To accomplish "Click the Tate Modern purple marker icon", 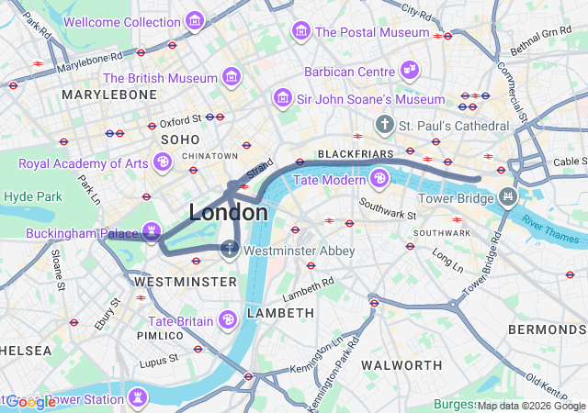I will click(378, 178).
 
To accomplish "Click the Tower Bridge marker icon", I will click(506, 197).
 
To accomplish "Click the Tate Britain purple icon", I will click(227, 319).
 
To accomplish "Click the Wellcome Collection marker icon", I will click(194, 21).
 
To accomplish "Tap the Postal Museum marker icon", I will click(300, 32).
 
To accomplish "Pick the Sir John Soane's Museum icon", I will click(283, 98).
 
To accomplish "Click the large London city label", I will click(229, 213).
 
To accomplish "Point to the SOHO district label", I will click(181, 139).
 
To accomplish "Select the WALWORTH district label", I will click(401, 364).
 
